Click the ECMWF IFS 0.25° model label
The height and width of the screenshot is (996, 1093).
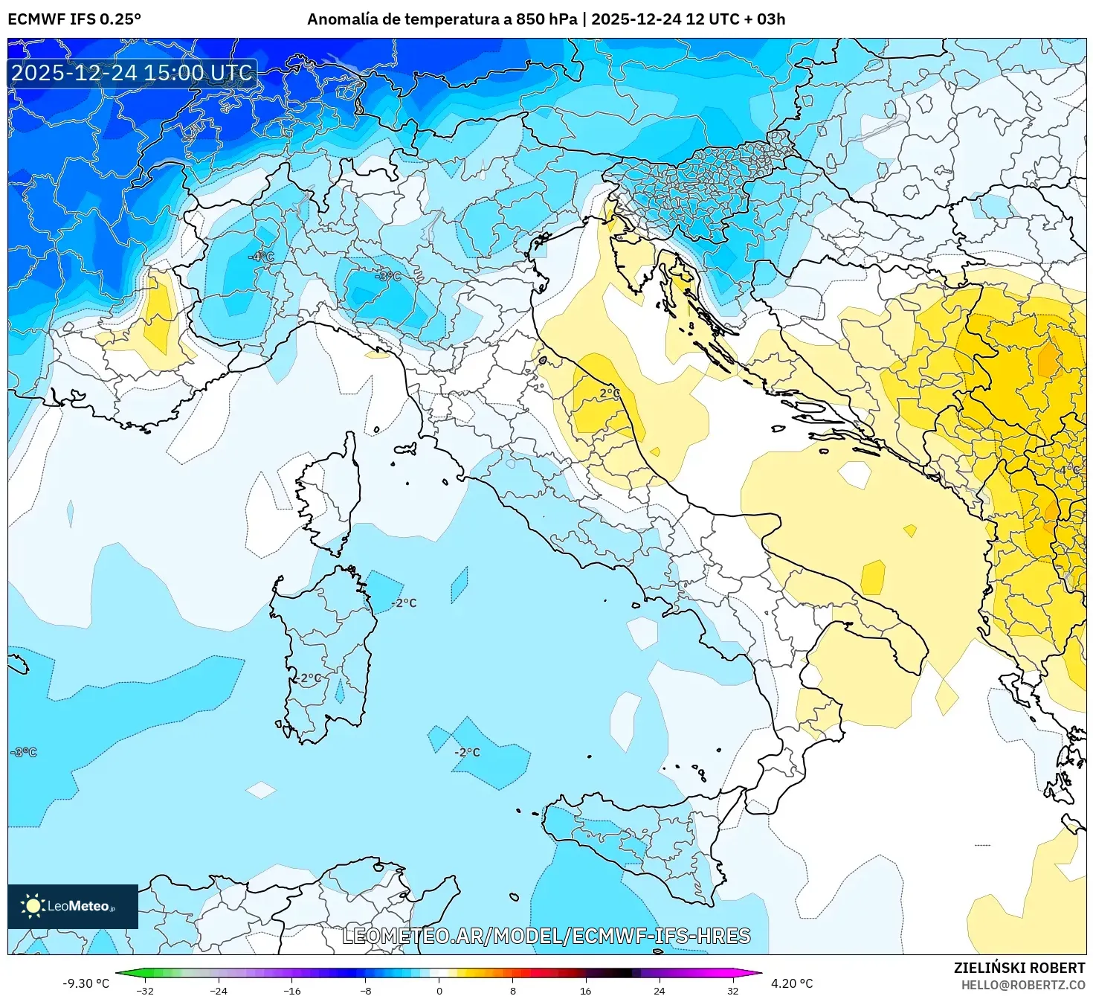pos(74,19)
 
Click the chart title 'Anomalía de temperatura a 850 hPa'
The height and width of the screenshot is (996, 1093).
pos(442,19)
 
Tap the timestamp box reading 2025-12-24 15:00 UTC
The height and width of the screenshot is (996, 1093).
pos(132,73)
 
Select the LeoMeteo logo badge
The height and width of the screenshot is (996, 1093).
pos(73,906)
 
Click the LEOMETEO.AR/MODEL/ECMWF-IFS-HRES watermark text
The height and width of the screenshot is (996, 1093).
pos(546,936)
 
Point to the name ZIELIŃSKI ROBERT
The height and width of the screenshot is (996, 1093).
pos(1019,968)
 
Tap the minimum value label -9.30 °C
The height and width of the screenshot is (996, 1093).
pos(86,983)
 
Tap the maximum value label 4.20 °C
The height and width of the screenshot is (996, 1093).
pos(792,983)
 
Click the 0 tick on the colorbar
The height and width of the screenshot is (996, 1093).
pos(439,990)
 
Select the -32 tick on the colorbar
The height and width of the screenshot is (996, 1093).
pos(145,990)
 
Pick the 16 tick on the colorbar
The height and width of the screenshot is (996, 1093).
pos(586,990)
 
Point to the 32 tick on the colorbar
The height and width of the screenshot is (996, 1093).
pos(733,990)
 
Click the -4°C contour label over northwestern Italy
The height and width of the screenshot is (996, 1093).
pos(261,257)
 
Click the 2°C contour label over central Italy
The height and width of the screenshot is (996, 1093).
pos(610,393)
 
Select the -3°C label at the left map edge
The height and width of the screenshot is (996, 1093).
pos(23,752)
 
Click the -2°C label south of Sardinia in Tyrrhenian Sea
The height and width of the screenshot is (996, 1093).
pos(468,752)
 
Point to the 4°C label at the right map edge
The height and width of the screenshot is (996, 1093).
pos(1069,471)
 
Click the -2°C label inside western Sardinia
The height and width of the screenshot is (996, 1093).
pos(307,678)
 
